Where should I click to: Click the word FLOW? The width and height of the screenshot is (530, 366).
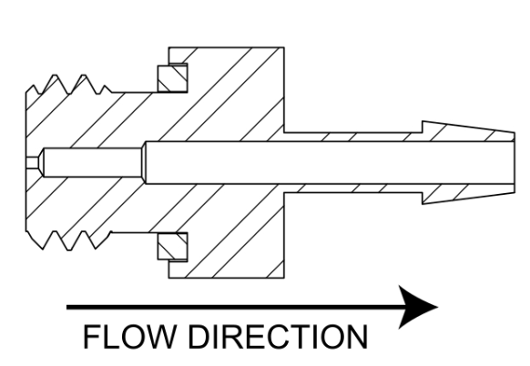[130, 337]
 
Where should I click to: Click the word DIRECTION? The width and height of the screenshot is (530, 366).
[278, 337]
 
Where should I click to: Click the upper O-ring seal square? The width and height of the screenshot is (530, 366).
[172, 77]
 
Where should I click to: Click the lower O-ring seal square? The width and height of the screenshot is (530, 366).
[172, 247]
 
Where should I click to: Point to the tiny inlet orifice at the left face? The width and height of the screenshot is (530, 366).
[32, 162]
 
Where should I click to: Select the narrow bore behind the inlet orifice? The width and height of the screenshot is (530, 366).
[92, 162]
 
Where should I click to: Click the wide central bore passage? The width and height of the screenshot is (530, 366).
[330, 163]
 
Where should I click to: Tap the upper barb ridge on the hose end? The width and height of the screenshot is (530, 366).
[468, 131]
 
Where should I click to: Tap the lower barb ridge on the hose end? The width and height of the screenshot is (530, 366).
[468, 194]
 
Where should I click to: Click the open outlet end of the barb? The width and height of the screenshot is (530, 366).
[515, 163]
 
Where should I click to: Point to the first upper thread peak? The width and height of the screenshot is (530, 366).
[56, 76]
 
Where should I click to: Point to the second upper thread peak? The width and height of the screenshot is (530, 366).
[84, 76]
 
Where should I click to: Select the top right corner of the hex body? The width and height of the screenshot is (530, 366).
[284, 47]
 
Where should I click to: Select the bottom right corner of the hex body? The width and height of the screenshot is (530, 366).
[284, 278]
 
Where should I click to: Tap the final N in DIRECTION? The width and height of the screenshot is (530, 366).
[358, 337]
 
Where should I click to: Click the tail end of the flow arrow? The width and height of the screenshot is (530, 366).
[66, 307]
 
